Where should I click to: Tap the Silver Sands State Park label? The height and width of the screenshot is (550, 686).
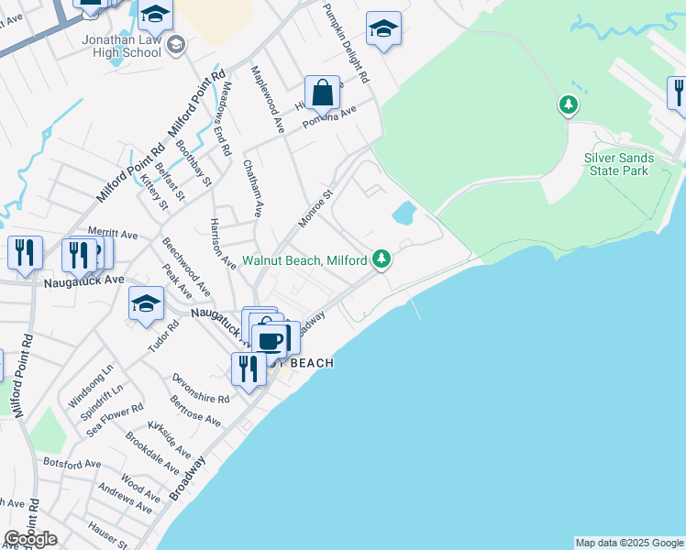click(x=619, y=164)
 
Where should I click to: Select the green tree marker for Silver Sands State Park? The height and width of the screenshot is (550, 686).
click(x=569, y=105)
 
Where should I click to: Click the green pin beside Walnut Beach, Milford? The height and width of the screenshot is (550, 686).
click(x=383, y=260)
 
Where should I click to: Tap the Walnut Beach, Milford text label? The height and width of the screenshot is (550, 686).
click(x=305, y=260)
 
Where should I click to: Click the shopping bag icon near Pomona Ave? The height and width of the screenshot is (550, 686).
click(x=322, y=93)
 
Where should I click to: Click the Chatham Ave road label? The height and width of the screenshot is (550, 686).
click(x=253, y=189)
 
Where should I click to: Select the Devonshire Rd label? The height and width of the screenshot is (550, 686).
click(x=200, y=381)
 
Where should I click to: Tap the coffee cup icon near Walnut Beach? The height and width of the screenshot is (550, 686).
click(x=270, y=341)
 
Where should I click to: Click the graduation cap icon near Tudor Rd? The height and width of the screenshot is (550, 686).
click(x=146, y=304)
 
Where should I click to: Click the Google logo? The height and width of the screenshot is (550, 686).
click(x=31, y=539)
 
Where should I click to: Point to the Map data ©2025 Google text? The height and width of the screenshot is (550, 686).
click(x=629, y=543)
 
